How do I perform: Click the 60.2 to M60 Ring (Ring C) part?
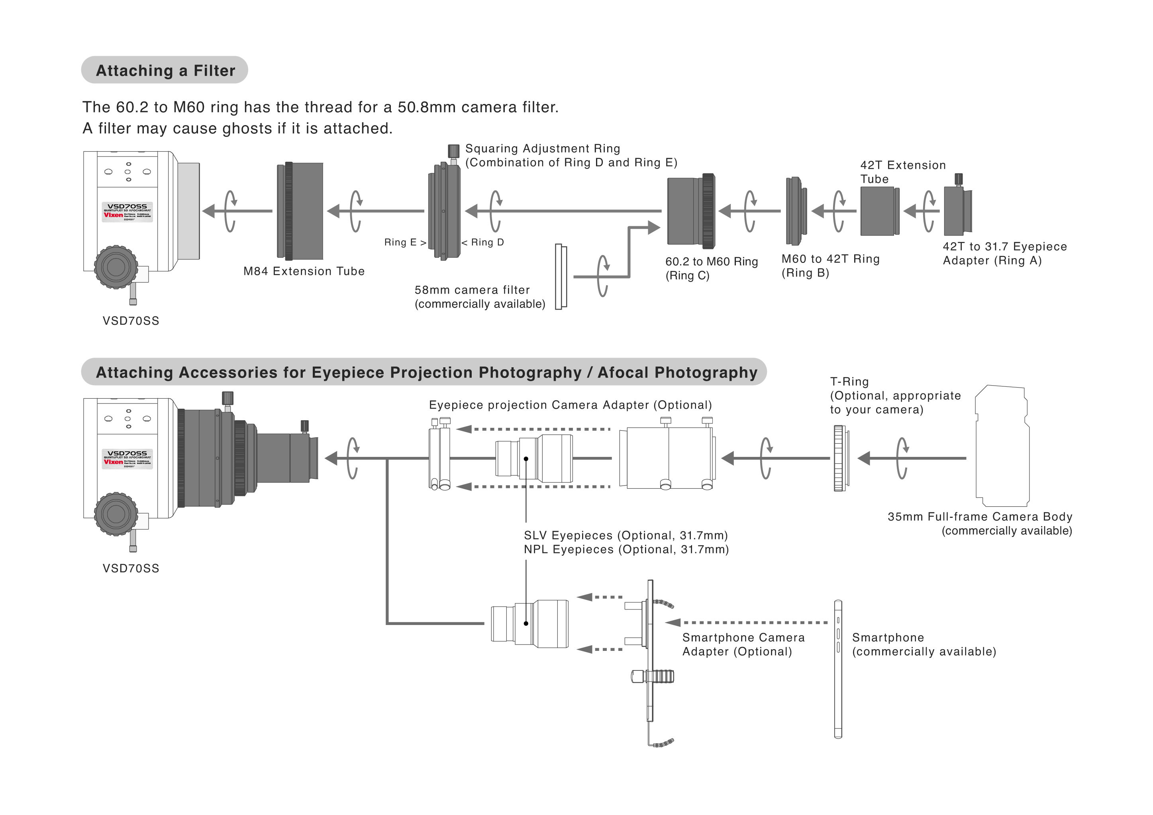pos(690,211)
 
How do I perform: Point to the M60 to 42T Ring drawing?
pos(796,211)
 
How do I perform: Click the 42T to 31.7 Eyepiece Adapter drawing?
pos(957,211)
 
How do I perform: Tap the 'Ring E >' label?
pos(405,243)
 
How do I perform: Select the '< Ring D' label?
pos(482,243)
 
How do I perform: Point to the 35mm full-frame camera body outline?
pos(1002,446)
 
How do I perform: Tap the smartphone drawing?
pos(837,669)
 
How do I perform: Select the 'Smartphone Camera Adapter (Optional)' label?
pos(743,645)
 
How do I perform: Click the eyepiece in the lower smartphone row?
pos(530,624)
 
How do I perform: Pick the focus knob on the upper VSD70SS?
pos(116,266)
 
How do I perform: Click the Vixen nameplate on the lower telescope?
pos(127,459)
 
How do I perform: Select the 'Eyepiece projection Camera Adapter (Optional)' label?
pos(570,405)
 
